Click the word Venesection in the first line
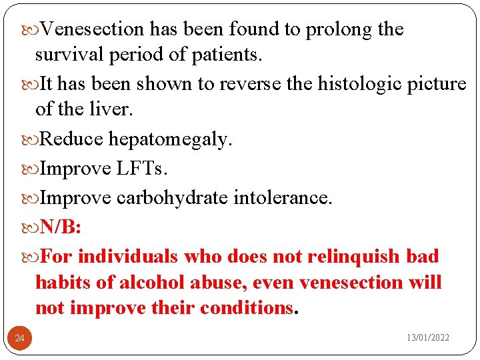point(92,29)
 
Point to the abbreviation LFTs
point(141,169)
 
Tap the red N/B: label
point(61,228)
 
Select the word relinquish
point(357,257)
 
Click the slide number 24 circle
point(19,339)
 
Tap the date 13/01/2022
point(428,338)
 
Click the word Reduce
point(71,139)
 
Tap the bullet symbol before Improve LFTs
point(33,169)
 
